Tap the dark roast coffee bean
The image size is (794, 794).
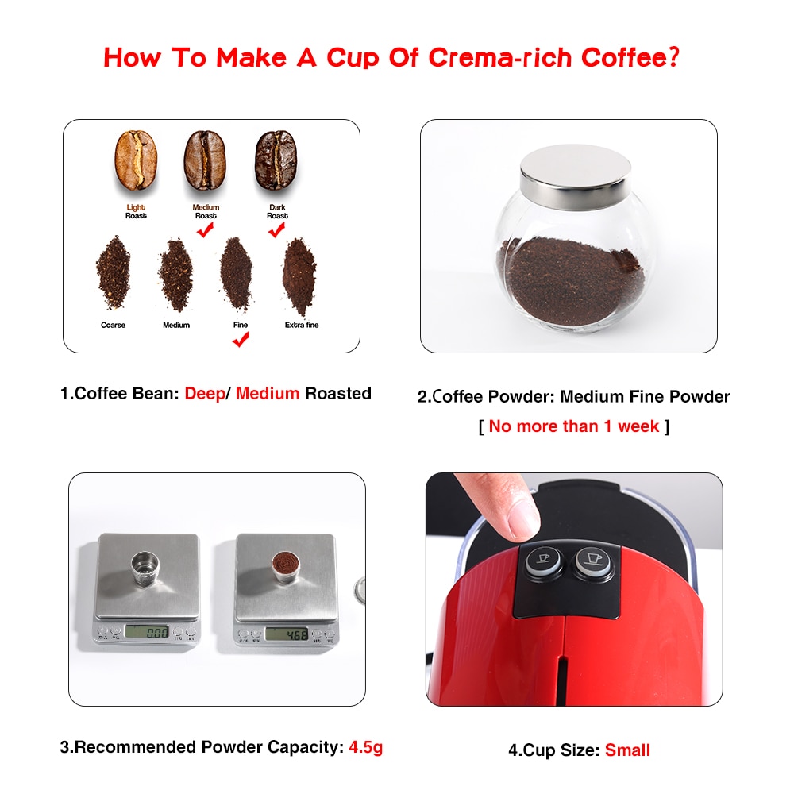(276, 160)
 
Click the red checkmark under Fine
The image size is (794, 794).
(240, 340)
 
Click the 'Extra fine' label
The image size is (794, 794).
(301, 325)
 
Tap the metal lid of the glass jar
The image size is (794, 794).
(576, 171)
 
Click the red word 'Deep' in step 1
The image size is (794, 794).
(203, 393)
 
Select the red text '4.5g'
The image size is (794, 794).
(366, 747)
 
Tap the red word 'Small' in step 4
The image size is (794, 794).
(627, 750)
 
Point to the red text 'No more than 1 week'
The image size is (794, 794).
(573, 426)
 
